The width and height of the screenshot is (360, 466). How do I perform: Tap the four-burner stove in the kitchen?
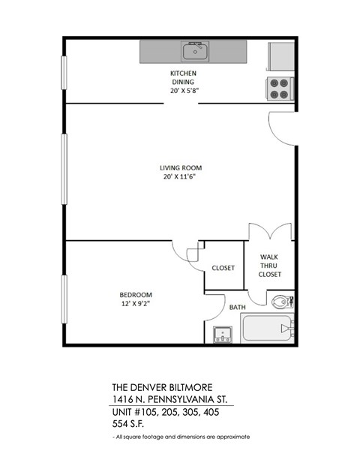(279, 89)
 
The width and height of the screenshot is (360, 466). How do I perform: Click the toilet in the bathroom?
(281, 302)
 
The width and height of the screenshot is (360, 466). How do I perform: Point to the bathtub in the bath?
(266, 328)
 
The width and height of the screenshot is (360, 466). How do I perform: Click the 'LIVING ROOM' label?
(181, 167)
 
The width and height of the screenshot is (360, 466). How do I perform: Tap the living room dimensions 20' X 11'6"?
(181, 178)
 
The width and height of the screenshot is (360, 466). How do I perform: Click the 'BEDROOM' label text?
(136, 294)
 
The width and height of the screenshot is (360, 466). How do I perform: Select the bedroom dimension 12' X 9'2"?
(136, 305)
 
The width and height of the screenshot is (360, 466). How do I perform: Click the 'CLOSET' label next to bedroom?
(223, 268)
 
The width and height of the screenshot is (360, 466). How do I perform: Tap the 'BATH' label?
(238, 308)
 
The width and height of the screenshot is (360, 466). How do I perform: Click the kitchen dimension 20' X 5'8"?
(184, 90)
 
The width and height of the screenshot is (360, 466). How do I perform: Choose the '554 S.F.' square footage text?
(130, 424)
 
